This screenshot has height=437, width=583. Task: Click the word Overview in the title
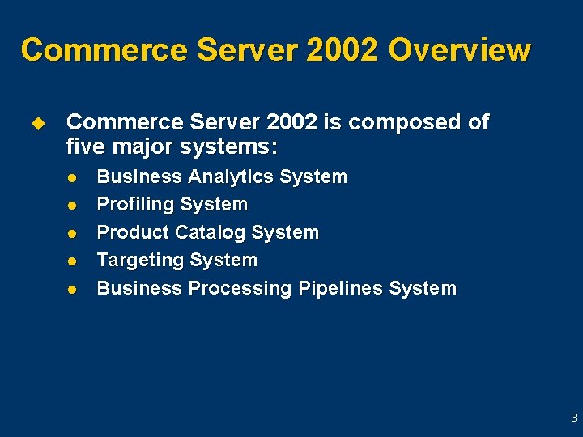[x=459, y=49]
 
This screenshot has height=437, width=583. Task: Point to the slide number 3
[x=573, y=418]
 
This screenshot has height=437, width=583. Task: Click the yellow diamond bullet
[x=36, y=123]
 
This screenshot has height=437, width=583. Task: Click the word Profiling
[x=135, y=204]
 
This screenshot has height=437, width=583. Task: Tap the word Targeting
[x=140, y=261]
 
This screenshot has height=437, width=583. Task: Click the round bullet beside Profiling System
[x=71, y=205]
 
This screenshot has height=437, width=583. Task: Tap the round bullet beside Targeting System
[x=71, y=261]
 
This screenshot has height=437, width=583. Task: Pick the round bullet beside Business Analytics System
[x=71, y=177]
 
